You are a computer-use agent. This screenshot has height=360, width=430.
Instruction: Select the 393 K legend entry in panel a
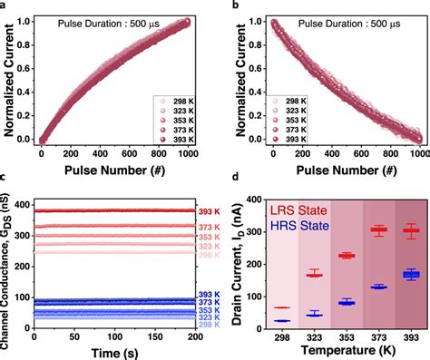pos(174,141)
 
